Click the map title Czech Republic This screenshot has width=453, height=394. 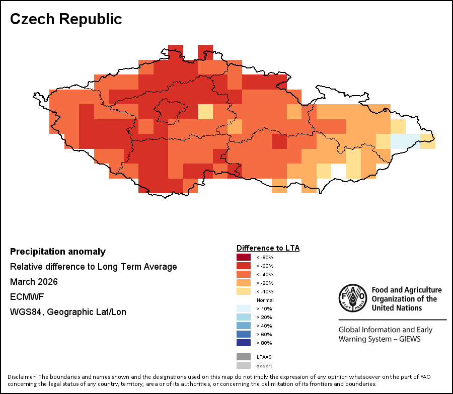tap(66, 19)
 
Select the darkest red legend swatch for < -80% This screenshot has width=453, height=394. tap(244, 257)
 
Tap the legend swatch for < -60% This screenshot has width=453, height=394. tap(244, 266)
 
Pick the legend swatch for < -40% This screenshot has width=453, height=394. tap(244, 274)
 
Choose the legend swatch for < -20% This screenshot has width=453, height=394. tap(244, 283)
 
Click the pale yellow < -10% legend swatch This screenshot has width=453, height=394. tap(244, 291)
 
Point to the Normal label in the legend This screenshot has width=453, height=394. tap(265, 300)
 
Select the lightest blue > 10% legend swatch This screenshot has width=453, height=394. tap(244, 308)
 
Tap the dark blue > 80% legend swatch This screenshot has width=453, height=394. tap(244, 343)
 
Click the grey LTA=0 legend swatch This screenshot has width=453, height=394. tap(244, 356)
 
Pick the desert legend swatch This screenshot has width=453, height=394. tap(244, 365)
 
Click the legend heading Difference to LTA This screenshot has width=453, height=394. tap(268, 248)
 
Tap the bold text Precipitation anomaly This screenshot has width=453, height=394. tap(58, 252)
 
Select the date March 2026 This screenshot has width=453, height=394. tap(34, 282)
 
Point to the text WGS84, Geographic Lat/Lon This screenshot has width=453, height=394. tap(68, 312)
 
